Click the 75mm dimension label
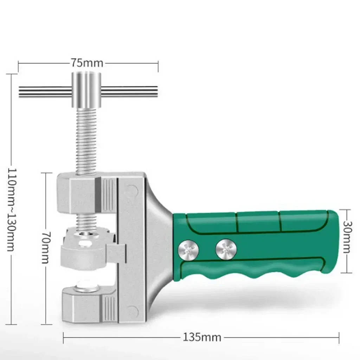pos(87,63)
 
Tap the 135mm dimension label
pos(202,337)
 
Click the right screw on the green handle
pos(226,250)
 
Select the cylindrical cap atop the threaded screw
pos(86,89)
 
